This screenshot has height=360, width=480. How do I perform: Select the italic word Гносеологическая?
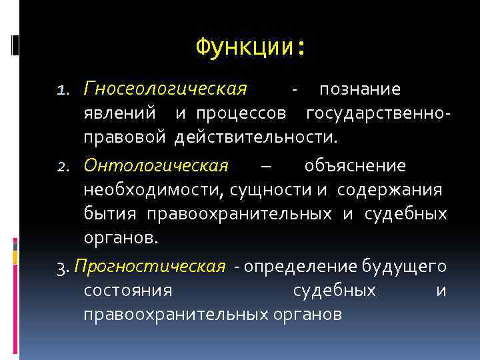coord(165,89)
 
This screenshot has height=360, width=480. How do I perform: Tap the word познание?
coord(359,89)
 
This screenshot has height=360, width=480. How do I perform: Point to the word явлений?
coord(120,113)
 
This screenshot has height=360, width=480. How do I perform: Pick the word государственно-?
coord(379,113)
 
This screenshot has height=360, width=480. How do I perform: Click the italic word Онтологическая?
coord(156,165)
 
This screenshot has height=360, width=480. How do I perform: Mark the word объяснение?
coord(355,165)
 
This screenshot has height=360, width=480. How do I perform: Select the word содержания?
coord(389,190)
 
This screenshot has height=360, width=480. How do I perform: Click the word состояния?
coord(129,291)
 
